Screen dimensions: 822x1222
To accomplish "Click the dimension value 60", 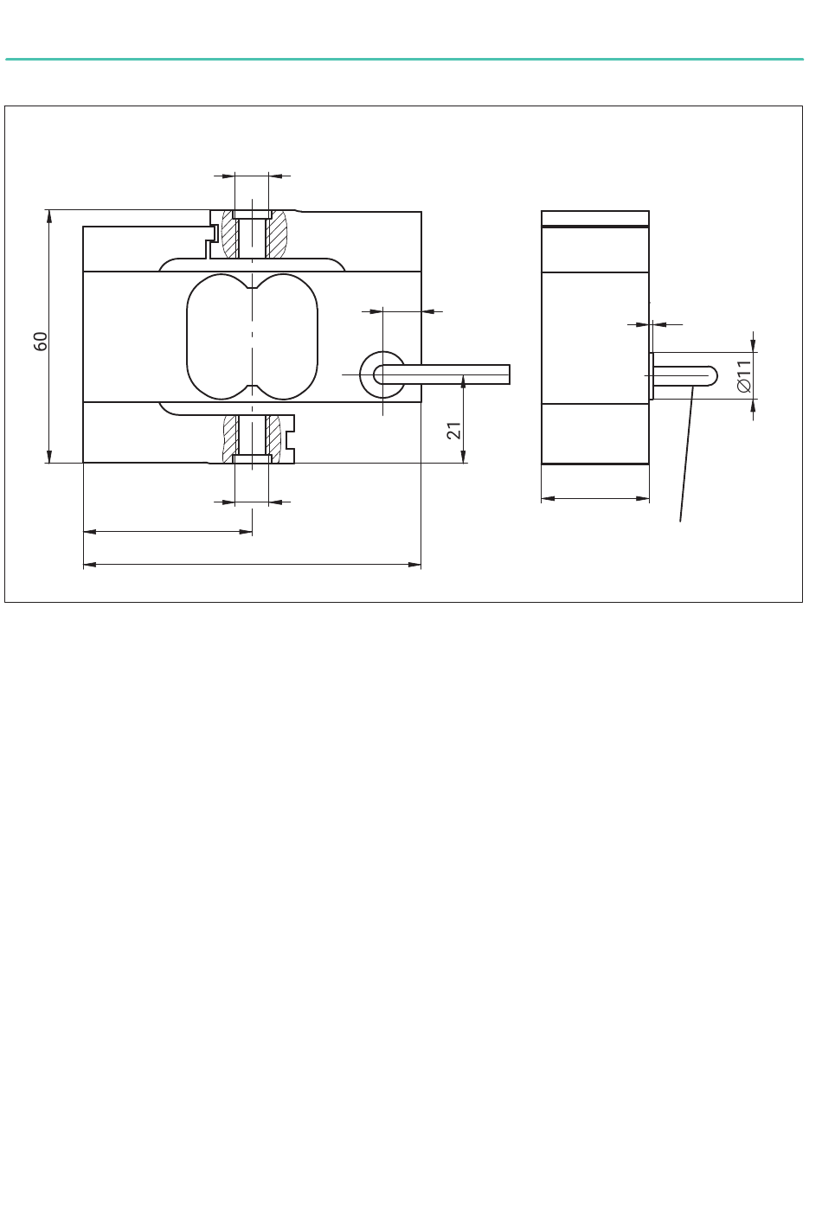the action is (x=41, y=341).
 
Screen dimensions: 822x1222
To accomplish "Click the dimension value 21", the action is (x=454, y=431).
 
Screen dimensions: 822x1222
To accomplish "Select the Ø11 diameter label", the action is (x=744, y=376).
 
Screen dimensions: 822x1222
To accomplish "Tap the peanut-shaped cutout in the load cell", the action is (x=252, y=336).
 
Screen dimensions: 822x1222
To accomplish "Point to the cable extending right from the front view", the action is (x=442, y=374).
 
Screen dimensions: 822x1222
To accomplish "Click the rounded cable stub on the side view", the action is (x=684, y=376).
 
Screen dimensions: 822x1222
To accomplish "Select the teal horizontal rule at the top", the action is (x=404, y=59).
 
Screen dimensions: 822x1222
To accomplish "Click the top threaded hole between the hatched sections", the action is (x=252, y=234).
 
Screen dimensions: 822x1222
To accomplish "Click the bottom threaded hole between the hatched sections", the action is (x=252, y=439).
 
